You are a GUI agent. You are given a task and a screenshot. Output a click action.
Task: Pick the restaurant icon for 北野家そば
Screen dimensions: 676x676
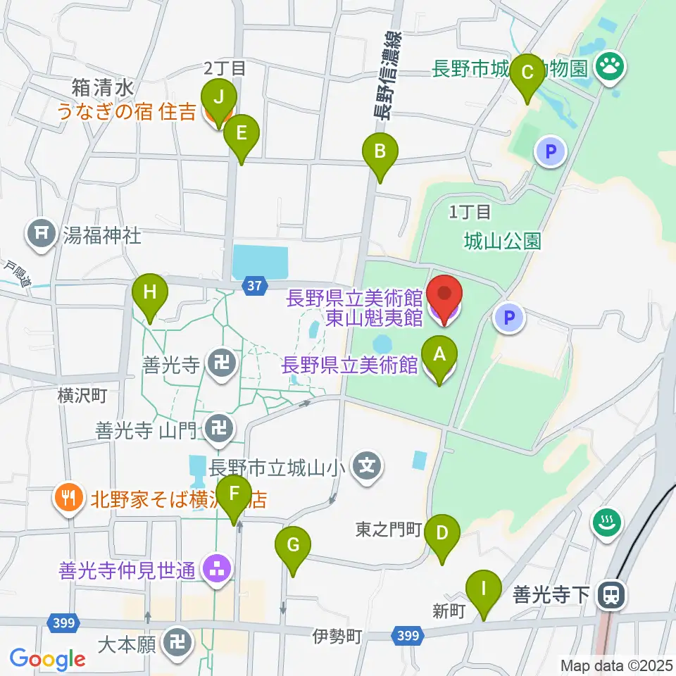click(x=68, y=499)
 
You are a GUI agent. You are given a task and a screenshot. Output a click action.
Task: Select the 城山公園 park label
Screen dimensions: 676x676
click(x=503, y=242)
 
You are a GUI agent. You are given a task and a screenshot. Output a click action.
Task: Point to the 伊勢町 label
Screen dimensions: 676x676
click(x=337, y=637)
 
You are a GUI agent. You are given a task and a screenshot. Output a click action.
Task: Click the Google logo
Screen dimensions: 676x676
click(x=47, y=659)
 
